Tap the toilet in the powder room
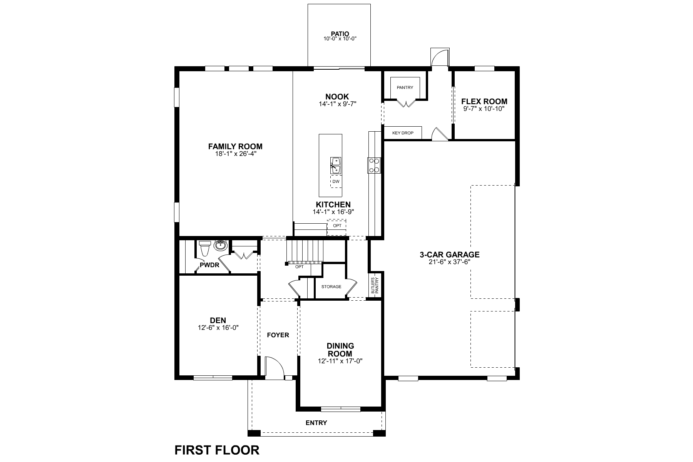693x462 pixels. click(205, 248)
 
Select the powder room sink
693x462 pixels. click(221, 245)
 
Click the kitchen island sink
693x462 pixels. click(335, 166)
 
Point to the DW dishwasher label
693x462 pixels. click(336, 181)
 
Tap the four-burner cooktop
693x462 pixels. click(374, 165)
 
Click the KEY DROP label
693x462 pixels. click(403, 133)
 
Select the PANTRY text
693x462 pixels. click(405, 87)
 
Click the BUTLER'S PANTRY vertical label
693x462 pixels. click(375, 286)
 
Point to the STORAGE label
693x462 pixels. click(331, 286)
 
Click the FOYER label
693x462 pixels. click(278, 335)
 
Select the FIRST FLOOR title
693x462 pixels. click(217, 450)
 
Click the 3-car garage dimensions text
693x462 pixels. click(450, 262)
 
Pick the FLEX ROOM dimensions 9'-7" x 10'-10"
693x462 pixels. click(484, 109)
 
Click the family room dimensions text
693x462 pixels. click(236, 154)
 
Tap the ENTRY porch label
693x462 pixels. click(316, 423)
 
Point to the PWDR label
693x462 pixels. click(209, 265)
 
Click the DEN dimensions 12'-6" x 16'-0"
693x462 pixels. click(218, 328)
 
